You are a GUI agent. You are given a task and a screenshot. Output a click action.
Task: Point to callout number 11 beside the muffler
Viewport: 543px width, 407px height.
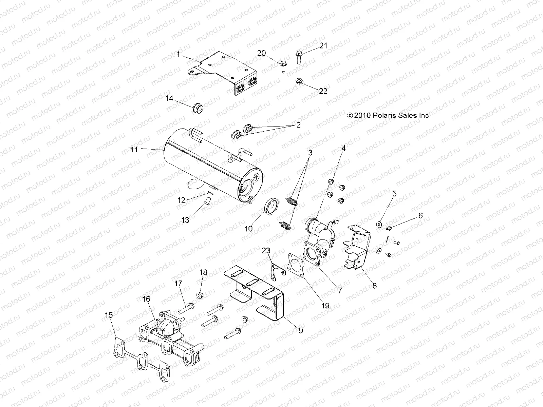134,149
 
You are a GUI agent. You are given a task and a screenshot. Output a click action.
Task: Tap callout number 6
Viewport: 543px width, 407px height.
420,216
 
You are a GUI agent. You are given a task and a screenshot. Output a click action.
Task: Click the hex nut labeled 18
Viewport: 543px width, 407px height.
200,295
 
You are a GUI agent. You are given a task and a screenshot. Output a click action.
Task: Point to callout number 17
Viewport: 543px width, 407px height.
179,284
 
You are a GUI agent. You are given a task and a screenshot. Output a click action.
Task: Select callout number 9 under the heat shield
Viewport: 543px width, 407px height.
301,330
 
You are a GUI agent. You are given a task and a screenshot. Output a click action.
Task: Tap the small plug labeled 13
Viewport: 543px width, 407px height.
207,204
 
